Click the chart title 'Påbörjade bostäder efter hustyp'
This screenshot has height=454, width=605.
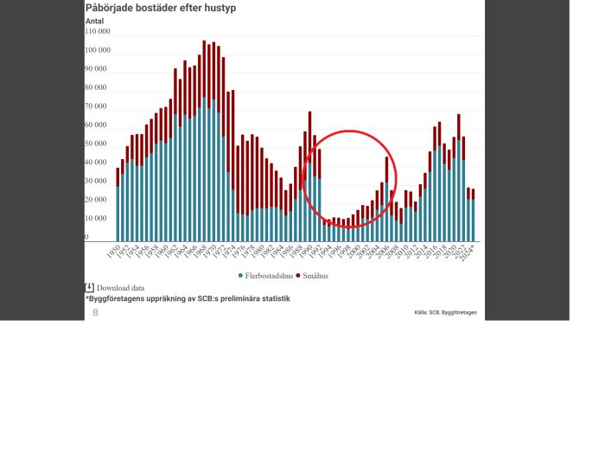(160, 8)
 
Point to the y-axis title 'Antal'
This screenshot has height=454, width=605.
(94, 21)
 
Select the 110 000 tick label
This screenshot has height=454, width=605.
(97, 31)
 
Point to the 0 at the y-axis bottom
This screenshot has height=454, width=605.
(86, 237)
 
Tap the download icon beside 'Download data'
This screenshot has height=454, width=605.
(89, 287)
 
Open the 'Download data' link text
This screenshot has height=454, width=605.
(120, 288)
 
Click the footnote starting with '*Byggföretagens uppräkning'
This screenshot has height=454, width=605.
(188, 298)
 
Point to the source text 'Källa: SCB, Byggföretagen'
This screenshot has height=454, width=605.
(445, 312)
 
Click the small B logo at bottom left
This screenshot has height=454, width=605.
(95, 312)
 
